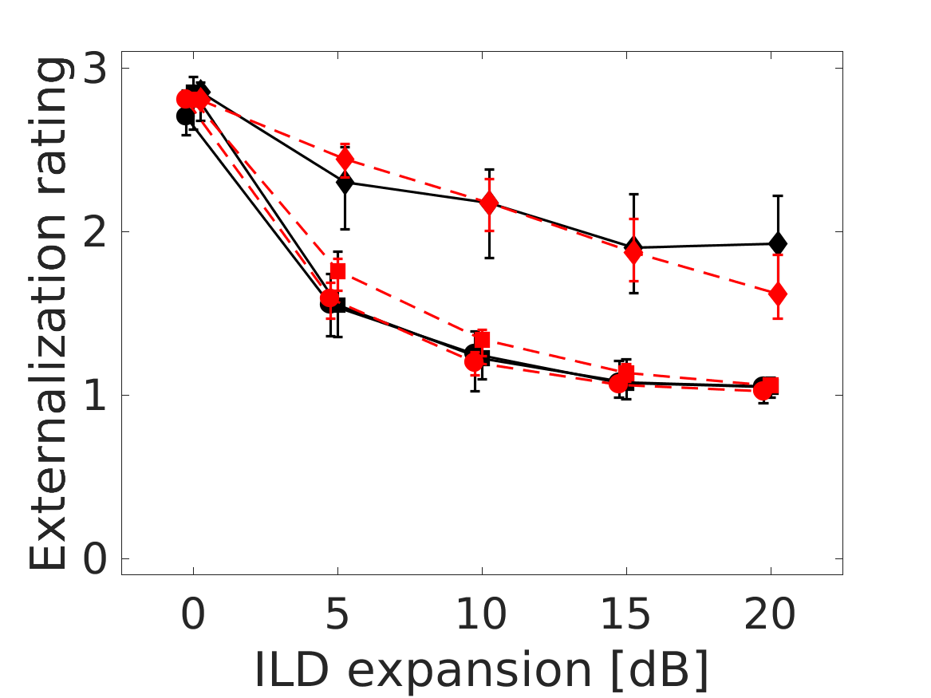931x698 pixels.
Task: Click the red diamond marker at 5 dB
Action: click(345, 160)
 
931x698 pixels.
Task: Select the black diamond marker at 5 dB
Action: click(345, 183)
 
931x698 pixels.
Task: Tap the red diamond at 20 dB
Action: click(778, 294)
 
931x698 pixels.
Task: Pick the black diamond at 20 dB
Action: click(778, 243)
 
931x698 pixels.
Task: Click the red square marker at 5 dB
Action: click(337, 271)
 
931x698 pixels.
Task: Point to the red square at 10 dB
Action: click(482, 340)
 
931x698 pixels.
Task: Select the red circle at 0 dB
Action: click(186, 99)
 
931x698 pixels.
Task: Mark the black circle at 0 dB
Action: click(185, 116)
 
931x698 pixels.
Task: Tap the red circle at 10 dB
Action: click(475, 361)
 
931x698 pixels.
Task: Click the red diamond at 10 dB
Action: click(489, 203)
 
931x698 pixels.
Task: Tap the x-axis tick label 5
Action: click(337, 615)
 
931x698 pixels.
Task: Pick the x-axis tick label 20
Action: click(771, 615)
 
